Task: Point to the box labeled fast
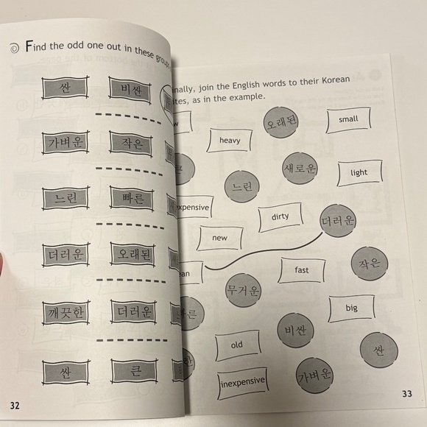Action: (301, 271)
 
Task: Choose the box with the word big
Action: (350, 308)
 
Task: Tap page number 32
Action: (15, 405)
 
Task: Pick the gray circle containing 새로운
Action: (300, 169)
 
